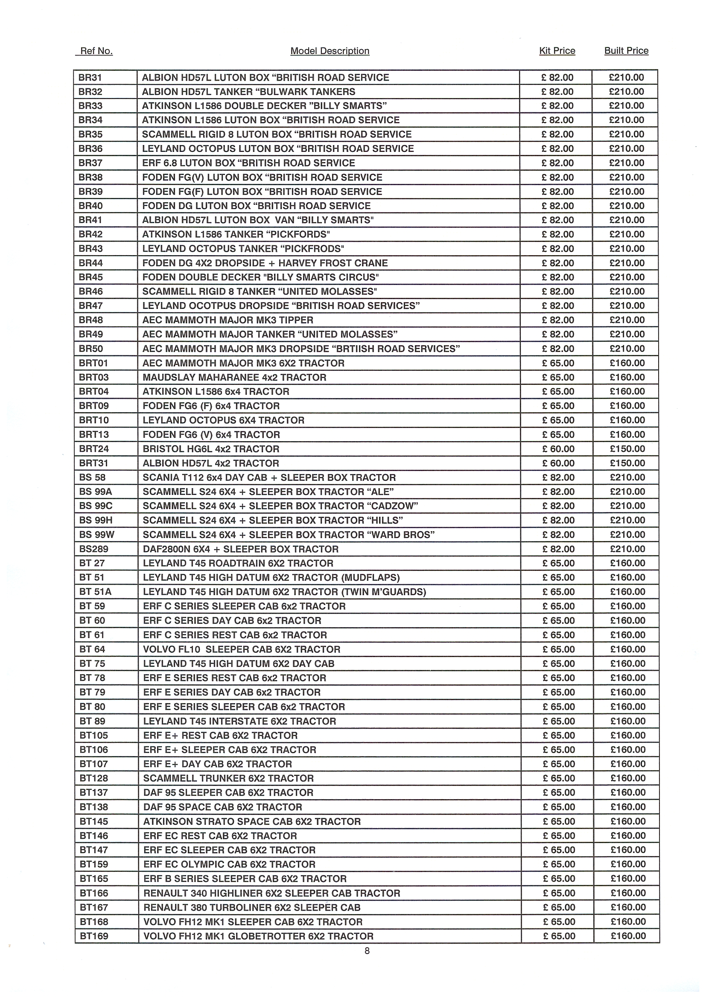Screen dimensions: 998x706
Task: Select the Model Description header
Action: [330, 51]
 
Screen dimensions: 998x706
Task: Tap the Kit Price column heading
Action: [557, 51]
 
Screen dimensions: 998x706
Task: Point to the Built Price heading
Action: [626, 51]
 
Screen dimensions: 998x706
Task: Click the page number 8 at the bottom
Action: [367, 951]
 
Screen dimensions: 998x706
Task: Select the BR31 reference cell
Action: [90, 78]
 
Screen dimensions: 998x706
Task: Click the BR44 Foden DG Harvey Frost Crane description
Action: [265, 263]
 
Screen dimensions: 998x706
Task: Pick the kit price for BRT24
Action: [558, 449]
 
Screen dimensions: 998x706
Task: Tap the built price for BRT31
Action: [627, 463]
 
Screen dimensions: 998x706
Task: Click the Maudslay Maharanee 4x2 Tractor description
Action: [234, 377]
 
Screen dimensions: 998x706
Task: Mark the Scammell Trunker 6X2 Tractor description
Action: [228, 779]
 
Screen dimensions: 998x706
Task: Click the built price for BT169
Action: [628, 936]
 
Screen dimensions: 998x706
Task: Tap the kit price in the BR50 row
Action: [558, 349]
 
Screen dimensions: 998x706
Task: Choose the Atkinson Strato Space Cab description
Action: [252, 821]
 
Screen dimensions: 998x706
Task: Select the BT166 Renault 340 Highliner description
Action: [271, 893]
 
